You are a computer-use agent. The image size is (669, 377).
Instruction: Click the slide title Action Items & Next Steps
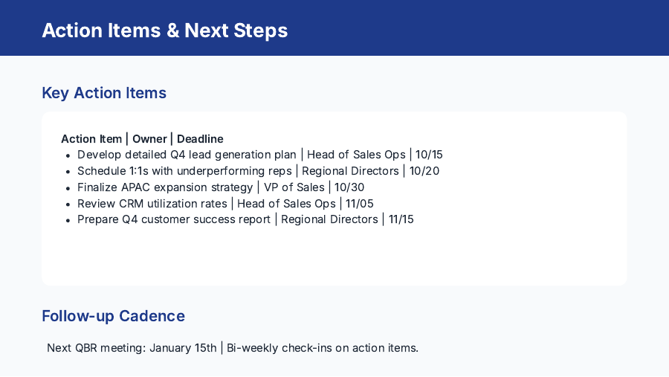point(164,30)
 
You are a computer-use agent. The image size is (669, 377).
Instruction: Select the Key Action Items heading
point(104,93)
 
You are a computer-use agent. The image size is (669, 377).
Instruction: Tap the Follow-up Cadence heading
point(113,316)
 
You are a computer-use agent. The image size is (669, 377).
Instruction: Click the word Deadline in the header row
point(200,139)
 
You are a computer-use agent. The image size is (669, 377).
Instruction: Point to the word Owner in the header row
point(149,139)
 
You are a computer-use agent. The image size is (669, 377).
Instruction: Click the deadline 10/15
point(429,155)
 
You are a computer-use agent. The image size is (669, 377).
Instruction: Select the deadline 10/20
point(424,171)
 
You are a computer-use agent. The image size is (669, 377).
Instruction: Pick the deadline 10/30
point(349,187)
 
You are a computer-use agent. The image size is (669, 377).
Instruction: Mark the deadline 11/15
point(401,220)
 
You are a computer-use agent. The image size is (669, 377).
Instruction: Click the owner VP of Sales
point(294,187)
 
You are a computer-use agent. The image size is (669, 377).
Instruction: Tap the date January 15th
point(183,348)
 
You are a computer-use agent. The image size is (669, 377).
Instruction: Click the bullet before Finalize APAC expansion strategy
point(68,188)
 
